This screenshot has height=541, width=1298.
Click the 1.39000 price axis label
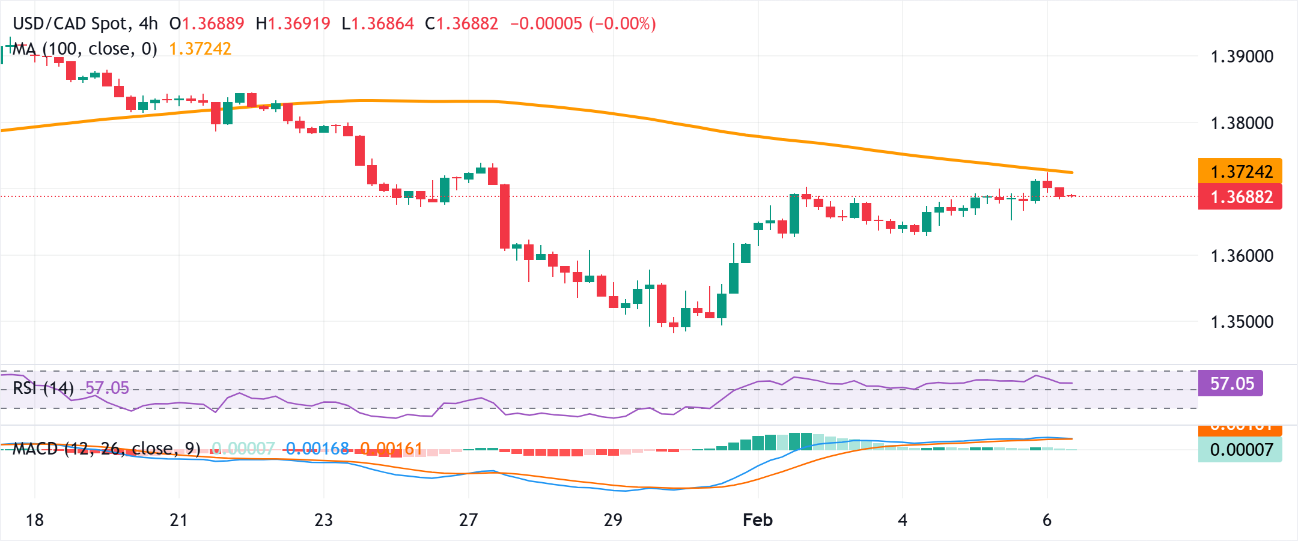click(1242, 56)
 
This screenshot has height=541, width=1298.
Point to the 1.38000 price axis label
click(1242, 123)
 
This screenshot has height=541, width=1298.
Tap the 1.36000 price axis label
click(1242, 256)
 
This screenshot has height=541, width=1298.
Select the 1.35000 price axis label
click(1242, 322)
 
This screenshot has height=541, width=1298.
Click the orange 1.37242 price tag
click(1240, 171)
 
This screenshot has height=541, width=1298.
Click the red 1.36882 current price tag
click(1240, 197)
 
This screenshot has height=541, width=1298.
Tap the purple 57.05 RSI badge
click(1231, 383)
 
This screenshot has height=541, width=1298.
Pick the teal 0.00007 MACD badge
click(1240, 450)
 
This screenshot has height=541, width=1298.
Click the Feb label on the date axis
click(757, 520)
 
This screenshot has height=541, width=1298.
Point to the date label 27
click(468, 520)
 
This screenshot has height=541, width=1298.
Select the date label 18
click(34, 520)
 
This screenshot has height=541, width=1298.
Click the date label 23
click(323, 520)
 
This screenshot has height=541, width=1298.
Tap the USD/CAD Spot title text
click(71, 23)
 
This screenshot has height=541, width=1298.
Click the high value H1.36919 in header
click(293, 23)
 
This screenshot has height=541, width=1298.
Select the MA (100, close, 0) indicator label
click(84, 49)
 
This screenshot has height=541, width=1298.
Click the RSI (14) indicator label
click(43, 388)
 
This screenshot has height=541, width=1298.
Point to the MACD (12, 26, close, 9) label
click(106, 449)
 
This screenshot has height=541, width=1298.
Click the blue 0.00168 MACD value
click(317, 449)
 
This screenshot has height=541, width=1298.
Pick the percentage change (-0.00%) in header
click(623, 23)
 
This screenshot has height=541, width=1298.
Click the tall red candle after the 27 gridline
click(505, 216)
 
